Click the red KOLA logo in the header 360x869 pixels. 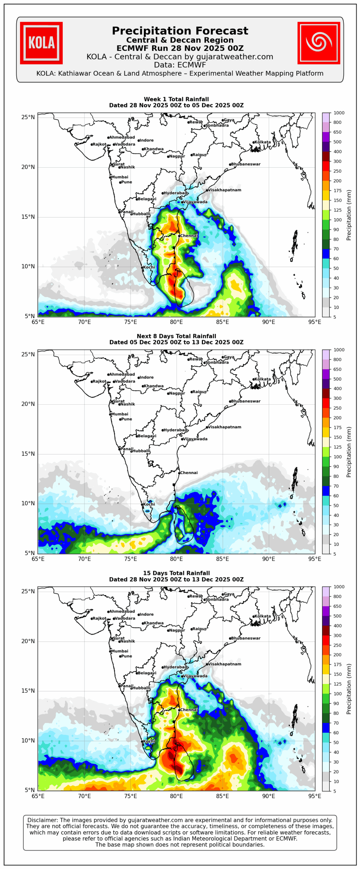(41, 43)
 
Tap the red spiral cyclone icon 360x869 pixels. (318, 43)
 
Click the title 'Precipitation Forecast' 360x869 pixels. (180, 31)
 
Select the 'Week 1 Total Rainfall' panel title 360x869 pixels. (176, 99)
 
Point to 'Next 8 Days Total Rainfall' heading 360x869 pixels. (176, 336)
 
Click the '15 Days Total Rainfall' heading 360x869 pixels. (176, 573)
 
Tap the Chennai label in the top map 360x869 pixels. (189, 236)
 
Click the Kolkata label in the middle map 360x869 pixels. (262, 379)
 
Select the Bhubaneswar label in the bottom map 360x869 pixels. (245, 638)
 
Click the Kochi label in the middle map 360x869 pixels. (149, 504)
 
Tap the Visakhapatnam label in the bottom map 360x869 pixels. (224, 664)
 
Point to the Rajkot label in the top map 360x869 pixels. (99, 144)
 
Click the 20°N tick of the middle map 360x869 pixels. (28, 404)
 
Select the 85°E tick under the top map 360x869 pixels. (223, 322)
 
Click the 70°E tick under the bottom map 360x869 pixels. (84, 796)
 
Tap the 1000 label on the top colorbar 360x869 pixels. (339, 113)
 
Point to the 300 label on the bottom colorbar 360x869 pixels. (337, 635)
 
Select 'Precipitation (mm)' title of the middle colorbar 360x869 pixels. (349, 452)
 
